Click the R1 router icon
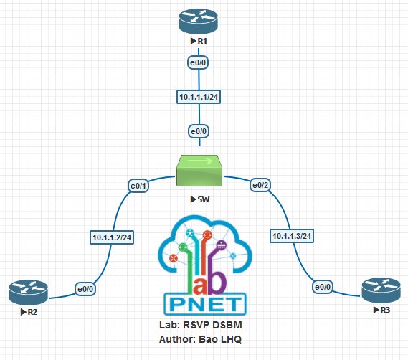pyautogui.click(x=197, y=21)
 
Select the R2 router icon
pyautogui.click(x=29, y=291)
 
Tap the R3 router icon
pyautogui.click(x=380, y=290)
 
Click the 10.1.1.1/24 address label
pyautogui.click(x=198, y=97)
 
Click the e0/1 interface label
pyautogui.click(x=138, y=186)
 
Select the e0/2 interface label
pyautogui.click(x=260, y=186)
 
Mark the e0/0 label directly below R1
pyautogui.click(x=198, y=63)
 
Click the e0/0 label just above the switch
pyautogui.click(x=198, y=131)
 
